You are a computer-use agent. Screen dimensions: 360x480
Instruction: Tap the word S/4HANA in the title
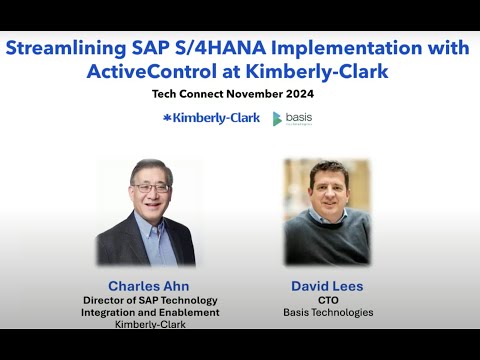click(x=229, y=49)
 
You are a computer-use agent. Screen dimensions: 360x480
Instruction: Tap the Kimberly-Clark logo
click(x=211, y=118)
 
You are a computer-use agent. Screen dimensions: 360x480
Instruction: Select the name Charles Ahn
click(x=151, y=285)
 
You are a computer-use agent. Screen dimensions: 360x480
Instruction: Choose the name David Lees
click(x=327, y=285)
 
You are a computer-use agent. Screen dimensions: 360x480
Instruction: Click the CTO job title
click(x=327, y=299)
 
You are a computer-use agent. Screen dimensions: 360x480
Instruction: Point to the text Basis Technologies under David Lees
click(x=327, y=312)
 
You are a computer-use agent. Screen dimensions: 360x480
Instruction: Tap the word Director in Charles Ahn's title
click(x=109, y=300)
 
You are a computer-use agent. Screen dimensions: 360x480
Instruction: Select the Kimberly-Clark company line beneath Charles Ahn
click(x=151, y=324)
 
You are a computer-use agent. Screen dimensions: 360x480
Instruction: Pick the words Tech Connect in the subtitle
click(x=188, y=96)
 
